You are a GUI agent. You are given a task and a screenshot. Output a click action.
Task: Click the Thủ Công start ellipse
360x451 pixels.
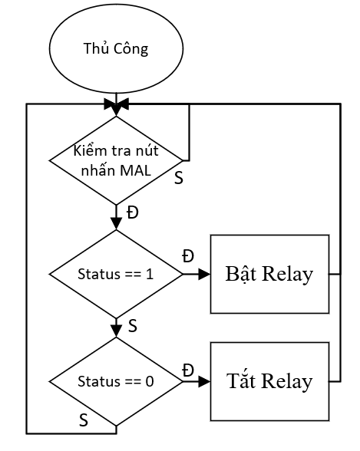[116, 48]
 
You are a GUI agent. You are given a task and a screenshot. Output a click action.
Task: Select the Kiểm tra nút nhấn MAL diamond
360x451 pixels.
[116, 160]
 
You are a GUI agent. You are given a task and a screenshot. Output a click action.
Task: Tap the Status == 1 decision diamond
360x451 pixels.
[116, 274]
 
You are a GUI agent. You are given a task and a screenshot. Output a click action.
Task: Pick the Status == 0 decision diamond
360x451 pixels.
[116, 381]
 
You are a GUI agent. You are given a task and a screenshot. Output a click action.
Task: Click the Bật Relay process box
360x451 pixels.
[269, 274]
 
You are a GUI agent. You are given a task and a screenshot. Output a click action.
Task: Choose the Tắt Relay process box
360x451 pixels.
[269, 381]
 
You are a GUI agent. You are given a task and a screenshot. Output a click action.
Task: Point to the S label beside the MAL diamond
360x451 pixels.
[179, 178]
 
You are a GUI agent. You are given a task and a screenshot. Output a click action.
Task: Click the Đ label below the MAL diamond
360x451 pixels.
[133, 213]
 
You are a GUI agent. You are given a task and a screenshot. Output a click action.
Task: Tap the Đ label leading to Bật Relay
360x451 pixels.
[188, 256]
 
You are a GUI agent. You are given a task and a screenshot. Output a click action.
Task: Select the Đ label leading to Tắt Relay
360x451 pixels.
[188, 370]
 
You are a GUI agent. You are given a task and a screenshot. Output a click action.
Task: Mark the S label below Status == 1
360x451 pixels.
[132, 326]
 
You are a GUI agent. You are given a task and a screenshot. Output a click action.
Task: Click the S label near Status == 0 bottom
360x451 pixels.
[84, 420]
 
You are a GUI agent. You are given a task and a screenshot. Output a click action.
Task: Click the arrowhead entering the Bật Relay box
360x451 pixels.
[205, 274]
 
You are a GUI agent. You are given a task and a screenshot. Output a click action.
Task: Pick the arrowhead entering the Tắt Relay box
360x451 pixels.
[205, 382]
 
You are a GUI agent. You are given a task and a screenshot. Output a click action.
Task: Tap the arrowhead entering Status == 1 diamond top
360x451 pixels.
[116, 224]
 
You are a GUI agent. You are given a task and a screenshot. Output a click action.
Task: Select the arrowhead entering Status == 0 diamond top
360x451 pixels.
[116, 331]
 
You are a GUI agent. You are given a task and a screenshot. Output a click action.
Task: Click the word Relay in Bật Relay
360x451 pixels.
[288, 274]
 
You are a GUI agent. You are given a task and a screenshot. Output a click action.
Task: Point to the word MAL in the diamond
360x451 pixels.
[136, 170]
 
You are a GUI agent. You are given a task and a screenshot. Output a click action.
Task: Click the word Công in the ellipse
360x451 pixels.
[130, 48]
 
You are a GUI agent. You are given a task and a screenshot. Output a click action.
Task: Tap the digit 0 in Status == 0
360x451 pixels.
[150, 381]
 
